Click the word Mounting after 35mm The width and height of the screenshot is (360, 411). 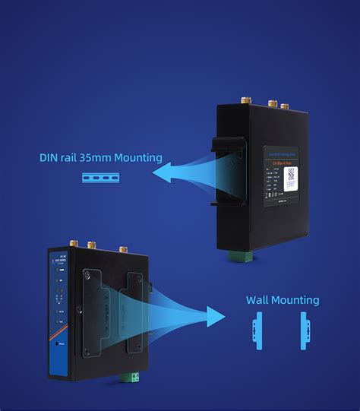(x=137, y=159)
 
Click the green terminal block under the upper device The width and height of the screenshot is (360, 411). (x=245, y=257)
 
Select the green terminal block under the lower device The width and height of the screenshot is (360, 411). (x=125, y=377)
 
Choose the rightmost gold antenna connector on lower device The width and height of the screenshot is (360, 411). (x=122, y=248)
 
